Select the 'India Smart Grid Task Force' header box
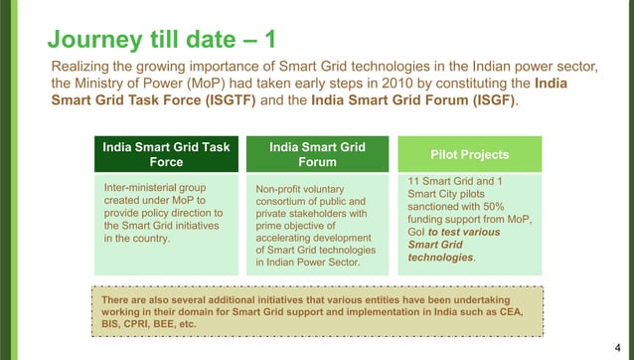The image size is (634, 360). (165, 155)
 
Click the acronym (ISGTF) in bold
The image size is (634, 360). (244, 102)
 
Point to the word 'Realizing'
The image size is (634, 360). (82, 67)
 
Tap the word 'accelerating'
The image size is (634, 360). (289, 239)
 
